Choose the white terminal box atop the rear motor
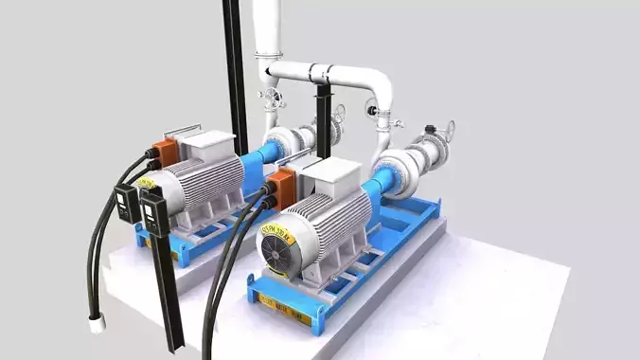pyautogui.click(x=206, y=145)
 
